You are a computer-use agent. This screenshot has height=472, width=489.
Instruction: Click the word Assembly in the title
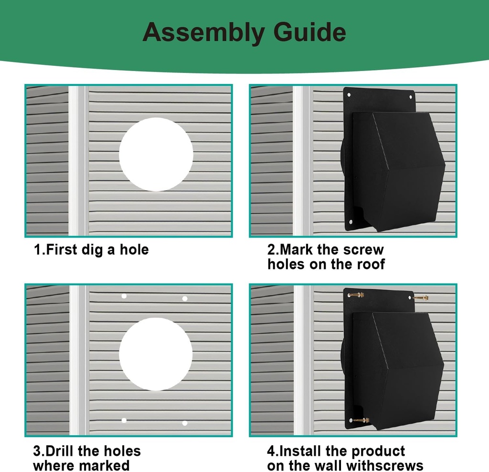coord(203,32)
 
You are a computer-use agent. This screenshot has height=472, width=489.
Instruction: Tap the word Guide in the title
coord(309,32)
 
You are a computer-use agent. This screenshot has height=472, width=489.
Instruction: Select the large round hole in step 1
coord(156,154)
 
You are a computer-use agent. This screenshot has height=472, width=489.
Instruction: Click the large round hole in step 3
coord(156,354)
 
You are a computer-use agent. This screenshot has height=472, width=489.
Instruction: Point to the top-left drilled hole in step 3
coord(124,296)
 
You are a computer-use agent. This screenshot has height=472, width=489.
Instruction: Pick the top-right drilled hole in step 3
coord(185,298)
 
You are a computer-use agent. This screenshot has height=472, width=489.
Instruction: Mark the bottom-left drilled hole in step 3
coord(124,421)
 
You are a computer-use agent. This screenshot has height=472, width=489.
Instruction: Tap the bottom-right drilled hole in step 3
coord(185,423)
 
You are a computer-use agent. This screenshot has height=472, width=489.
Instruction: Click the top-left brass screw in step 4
coord(356,295)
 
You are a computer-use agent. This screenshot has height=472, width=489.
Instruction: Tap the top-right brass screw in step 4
coord(421,298)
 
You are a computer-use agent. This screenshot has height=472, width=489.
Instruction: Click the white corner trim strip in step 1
coord(78,161)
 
